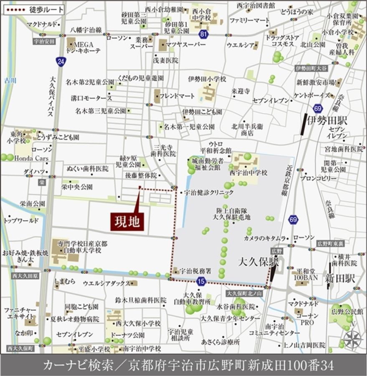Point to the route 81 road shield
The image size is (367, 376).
pyautogui.click(x=203, y=34)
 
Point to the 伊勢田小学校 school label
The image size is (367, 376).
pyautogui.click(x=207, y=79)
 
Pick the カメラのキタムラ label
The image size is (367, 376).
pyautogui.click(x=265, y=238)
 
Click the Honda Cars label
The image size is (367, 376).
pyautogui.click(x=31, y=158)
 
